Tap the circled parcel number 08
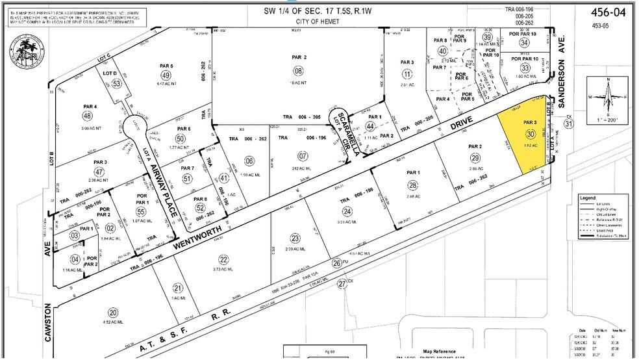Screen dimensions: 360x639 (298, 71)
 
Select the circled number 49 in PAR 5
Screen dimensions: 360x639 (166, 75)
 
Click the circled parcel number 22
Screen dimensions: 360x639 (223, 258)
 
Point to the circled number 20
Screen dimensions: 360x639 (113, 311)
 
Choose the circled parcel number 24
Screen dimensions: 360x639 (348, 211)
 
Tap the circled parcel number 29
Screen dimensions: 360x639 (475, 159)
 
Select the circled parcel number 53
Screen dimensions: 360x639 (117, 83)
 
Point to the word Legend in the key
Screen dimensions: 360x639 (589, 198)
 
